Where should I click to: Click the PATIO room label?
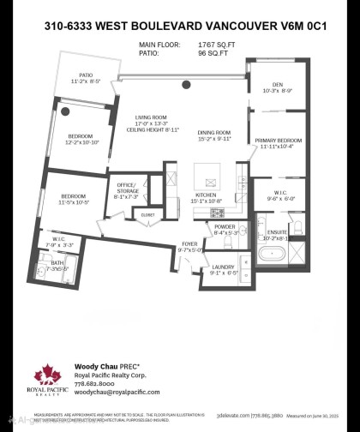pyautogui.click(x=85, y=75)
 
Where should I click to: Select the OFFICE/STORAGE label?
pyautogui.click(x=127, y=186)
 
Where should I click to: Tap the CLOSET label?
pyautogui.click(x=147, y=214)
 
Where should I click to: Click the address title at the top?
pyautogui.click(x=179, y=27)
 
